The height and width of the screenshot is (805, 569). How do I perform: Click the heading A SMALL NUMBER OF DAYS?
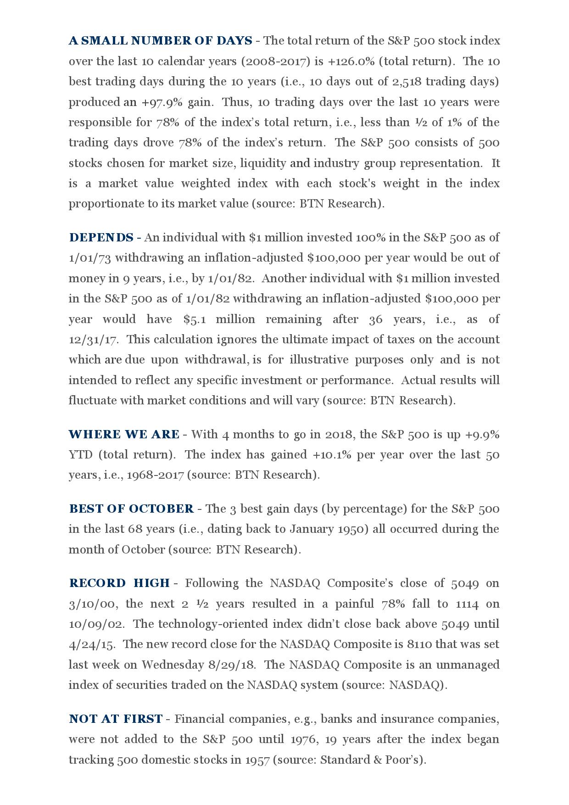pos(160,41)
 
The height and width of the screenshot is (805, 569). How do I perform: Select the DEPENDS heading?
pos(101,238)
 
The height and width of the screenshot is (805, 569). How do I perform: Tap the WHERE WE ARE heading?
pos(124,435)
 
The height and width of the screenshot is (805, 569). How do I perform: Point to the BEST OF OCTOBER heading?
pos(131,509)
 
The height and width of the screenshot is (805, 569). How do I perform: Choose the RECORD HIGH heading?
pos(119,583)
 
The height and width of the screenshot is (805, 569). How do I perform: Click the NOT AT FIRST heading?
pos(116,719)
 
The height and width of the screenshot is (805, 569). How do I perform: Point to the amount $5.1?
pos(193,319)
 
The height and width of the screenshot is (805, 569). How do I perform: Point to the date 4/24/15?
pos(91,644)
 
